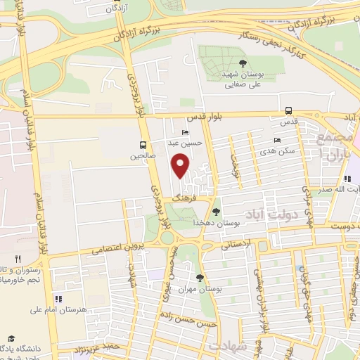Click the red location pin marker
pos(181,166)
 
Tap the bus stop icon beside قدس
pos(289,110)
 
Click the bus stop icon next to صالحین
pos(143,146)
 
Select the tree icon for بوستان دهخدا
pos(216,211)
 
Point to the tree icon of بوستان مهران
pos(200,278)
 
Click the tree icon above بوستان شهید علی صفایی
pos(242,64)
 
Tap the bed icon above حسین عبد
pos(185,132)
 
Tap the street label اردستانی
pos(236,245)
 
